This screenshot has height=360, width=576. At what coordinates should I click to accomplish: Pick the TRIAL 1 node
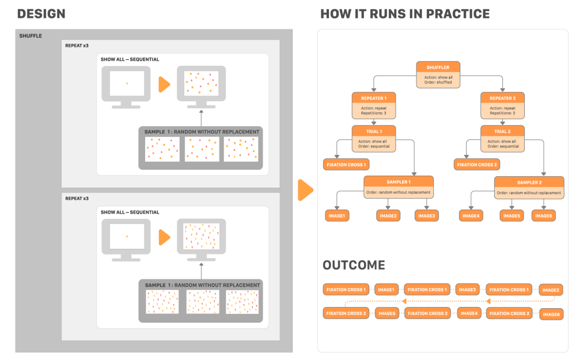(x=373, y=138)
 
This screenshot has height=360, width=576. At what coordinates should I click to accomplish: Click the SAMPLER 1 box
(x=399, y=186)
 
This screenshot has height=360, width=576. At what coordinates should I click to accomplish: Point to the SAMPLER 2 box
(x=529, y=186)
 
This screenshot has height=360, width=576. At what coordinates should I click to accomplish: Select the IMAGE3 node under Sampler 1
(x=426, y=216)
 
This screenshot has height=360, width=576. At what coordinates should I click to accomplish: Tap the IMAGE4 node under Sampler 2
(x=471, y=216)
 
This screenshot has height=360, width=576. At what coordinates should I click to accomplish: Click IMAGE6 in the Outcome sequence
(x=551, y=314)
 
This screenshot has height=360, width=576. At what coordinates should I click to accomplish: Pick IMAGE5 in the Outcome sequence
(x=386, y=313)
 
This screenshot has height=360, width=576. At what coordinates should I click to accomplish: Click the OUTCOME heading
(x=354, y=266)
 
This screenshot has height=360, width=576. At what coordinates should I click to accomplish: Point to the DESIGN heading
(x=41, y=14)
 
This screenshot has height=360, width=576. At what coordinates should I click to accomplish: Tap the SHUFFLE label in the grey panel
(x=31, y=36)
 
